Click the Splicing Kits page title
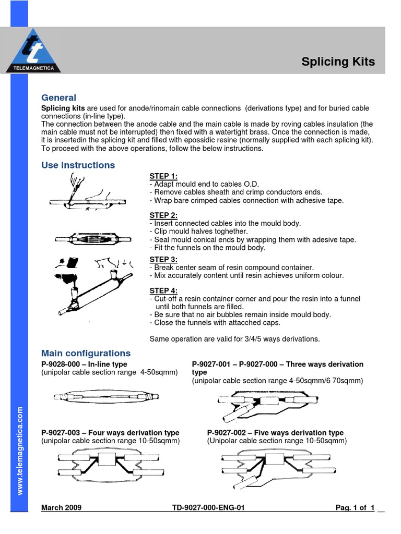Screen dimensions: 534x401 pyautogui.click(x=338, y=62)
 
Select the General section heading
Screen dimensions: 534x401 pyautogui.click(x=58, y=98)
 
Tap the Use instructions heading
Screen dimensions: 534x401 pyautogui.click(x=78, y=165)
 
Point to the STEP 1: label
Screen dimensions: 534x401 pyautogui.click(x=163, y=176)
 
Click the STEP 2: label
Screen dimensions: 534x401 pyautogui.click(x=163, y=215)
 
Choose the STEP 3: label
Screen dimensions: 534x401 pyautogui.click(x=163, y=259)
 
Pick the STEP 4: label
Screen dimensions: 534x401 pyautogui.click(x=163, y=291)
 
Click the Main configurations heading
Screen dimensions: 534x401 pyautogui.click(x=86, y=353)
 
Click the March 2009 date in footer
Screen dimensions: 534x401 pyautogui.click(x=61, y=507)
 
